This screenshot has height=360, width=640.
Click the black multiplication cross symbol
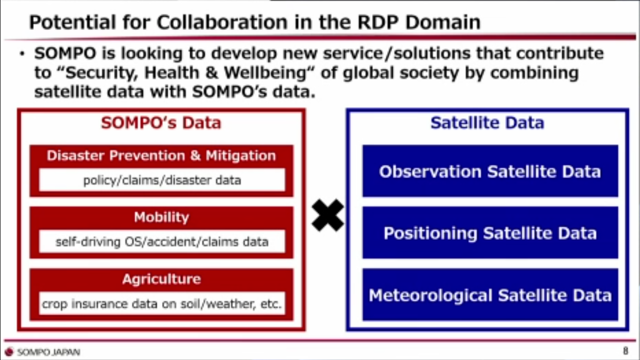point(328,215)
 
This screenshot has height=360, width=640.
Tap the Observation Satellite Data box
point(490,171)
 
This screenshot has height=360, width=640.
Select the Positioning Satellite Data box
point(490,232)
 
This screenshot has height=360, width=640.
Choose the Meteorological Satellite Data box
point(490,295)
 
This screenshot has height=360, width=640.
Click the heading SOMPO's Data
point(161,123)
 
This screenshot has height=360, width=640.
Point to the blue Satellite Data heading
point(487,123)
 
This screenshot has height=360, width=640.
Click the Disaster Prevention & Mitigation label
point(161,155)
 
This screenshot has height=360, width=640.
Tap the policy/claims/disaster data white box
point(162,180)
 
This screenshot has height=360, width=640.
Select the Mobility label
point(161,217)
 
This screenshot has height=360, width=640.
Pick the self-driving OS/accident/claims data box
point(162,241)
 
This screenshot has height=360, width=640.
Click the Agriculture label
point(161,279)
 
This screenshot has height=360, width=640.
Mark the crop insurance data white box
point(162,304)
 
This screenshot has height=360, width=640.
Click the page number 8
point(625,351)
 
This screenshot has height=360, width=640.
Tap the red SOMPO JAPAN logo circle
point(9,352)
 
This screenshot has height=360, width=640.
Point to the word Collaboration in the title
point(222,22)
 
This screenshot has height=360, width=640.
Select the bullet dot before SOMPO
point(22,53)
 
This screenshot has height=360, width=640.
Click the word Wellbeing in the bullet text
point(265,73)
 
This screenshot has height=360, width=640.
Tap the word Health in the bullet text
point(172,73)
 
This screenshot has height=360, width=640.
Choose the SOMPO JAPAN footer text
point(49,352)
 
